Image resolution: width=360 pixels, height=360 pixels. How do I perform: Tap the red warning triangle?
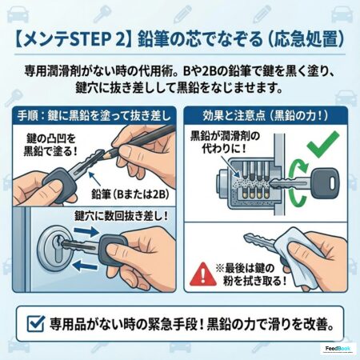tap(203, 274)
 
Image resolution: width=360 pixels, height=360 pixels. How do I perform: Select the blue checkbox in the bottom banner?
tap(36, 323)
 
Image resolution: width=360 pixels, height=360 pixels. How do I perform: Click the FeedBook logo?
tap(338, 349)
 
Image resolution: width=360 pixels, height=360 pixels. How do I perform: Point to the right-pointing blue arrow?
tap(86, 232)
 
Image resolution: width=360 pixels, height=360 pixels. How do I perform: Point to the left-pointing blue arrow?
tap(85, 266)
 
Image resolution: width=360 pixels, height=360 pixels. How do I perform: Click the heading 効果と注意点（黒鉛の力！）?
tap(266, 116)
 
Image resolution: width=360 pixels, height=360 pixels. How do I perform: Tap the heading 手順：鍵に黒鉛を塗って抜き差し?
tap(94, 116)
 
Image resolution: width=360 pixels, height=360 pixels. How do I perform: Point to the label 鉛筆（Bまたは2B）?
tap(130, 194)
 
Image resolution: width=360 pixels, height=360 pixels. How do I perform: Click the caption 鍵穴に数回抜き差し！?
tap(121, 216)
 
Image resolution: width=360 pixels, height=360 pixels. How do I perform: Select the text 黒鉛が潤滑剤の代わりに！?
tap(225, 142)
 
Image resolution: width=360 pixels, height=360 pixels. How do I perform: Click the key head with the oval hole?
tap(325, 182)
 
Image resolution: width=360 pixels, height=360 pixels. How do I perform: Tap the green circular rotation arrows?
tap(298, 184)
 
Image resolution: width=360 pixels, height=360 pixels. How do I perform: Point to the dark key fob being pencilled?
tap(59, 183)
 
